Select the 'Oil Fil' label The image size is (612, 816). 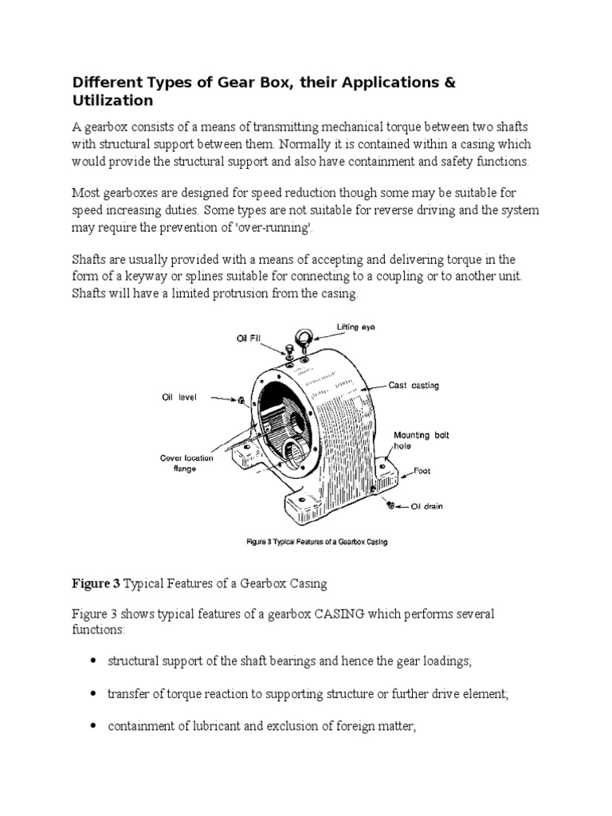[248, 337]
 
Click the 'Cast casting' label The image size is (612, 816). [414, 386]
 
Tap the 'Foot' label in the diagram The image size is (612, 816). [422, 471]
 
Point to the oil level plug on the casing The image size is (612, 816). [238, 399]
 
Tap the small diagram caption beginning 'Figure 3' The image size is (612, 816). [315, 543]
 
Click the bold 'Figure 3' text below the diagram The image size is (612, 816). [96, 584]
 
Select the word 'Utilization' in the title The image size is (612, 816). [112, 102]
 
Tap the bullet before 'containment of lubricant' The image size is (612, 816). [95, 726]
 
